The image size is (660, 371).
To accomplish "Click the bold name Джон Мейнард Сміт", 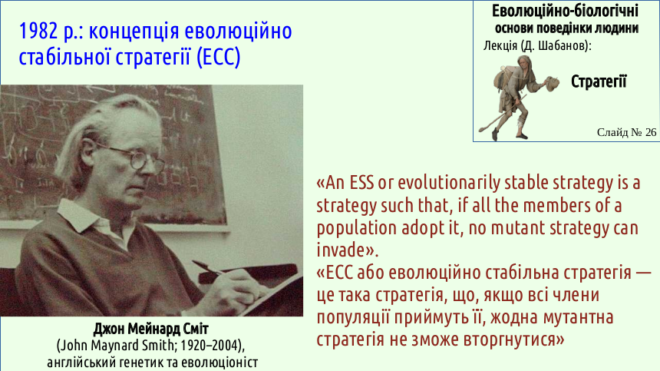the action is point(150,329).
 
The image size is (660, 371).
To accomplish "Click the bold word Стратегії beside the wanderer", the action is point(599,81).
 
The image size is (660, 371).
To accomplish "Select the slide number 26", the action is point(650,132).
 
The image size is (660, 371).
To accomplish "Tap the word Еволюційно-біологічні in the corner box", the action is point(565,11).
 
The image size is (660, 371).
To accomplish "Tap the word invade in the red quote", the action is point(340,250).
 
